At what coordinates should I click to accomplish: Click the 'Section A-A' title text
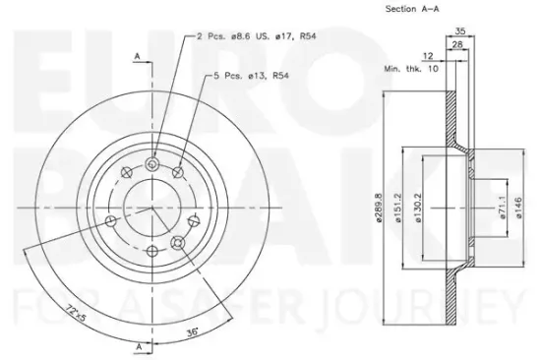(412, 9)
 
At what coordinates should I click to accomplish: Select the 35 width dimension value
(460, 31)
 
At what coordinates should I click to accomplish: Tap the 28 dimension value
(457, 44)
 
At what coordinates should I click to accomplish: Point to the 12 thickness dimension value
(428, 56)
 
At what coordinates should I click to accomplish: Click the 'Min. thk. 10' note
(411, 69)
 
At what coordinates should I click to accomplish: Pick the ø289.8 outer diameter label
(379, 208)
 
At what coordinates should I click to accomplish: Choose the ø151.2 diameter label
(398, 208)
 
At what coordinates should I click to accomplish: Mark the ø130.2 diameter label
(418, 208)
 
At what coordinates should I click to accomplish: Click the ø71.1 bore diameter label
(503, 208)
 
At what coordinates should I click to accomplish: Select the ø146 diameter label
(519, 208)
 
